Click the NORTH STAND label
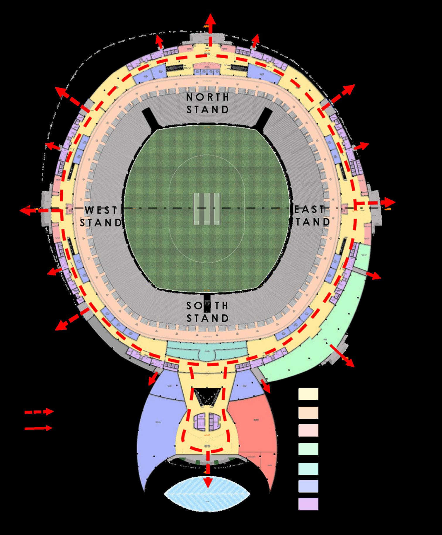(208, 103)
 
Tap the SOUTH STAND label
(208, 312)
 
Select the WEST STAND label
(100, 216)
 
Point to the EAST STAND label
(310, 216)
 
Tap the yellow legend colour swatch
(308, 394)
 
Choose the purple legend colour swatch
(308, 504)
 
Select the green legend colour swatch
(308, 449)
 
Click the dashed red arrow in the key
(39, 412)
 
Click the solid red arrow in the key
(38, 428)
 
